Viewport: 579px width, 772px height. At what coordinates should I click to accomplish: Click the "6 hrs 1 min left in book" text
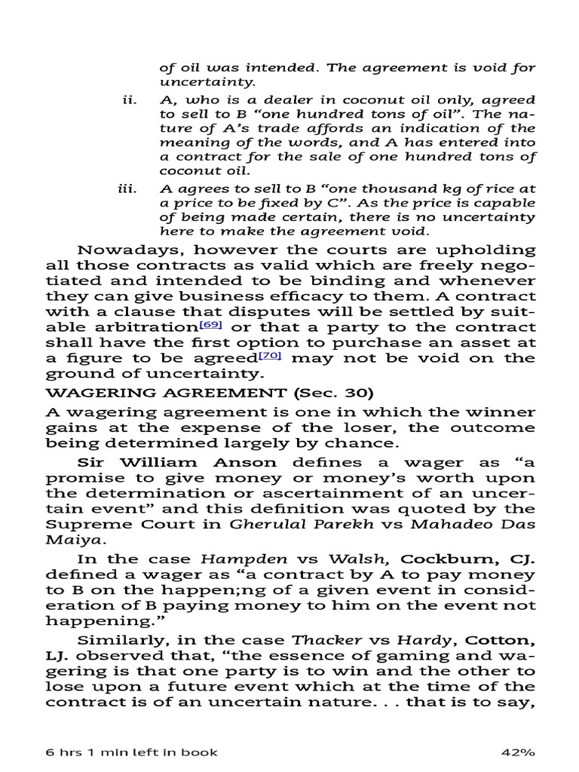point(133,752)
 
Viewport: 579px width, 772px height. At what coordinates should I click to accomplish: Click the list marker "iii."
point(126,189)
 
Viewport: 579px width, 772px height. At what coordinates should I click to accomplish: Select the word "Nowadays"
point(119,250)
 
